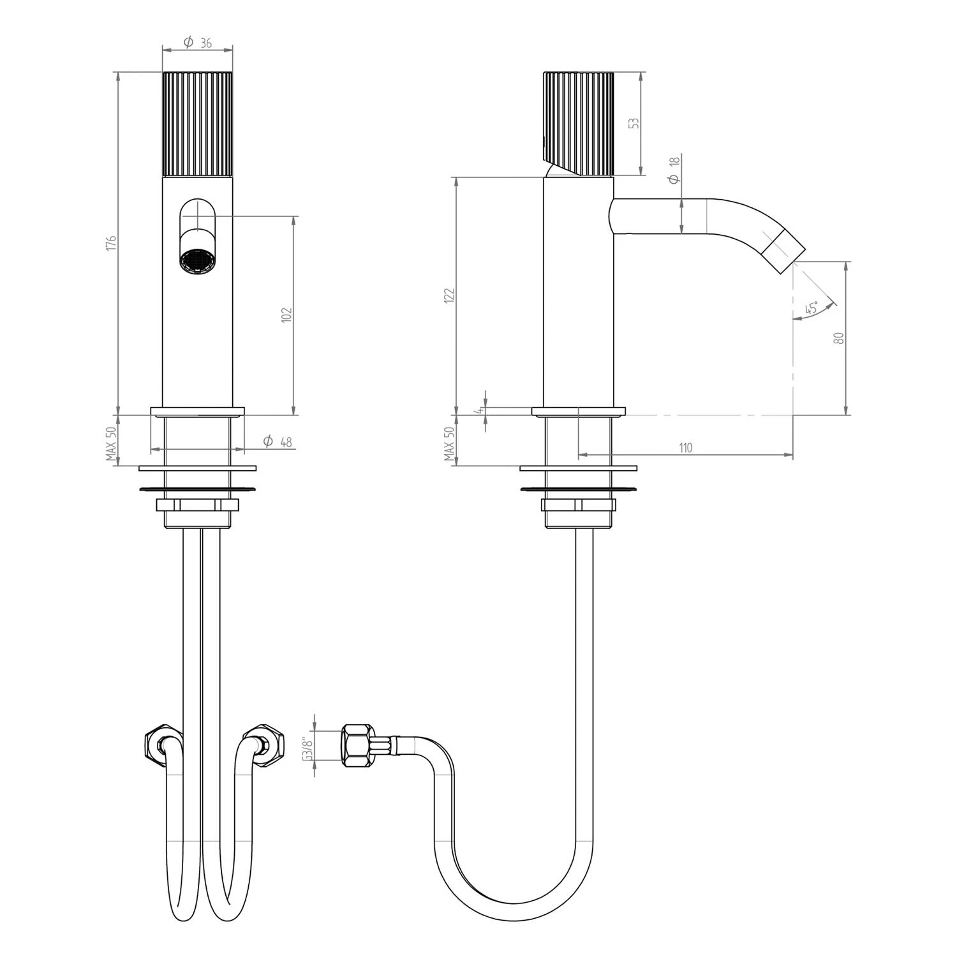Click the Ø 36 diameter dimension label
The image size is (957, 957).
(198, 43)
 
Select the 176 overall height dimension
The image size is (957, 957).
(112, 243)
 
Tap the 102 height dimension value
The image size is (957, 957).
(286, 315)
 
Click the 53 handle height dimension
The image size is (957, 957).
(634, 123)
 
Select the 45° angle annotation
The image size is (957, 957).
(812, 309)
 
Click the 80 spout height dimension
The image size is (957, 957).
(840, 338)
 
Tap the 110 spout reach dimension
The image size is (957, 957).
(685, 448)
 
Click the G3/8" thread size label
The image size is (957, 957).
(306, 748)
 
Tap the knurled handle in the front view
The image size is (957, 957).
(198, 123)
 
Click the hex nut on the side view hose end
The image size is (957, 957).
(356, 745)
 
